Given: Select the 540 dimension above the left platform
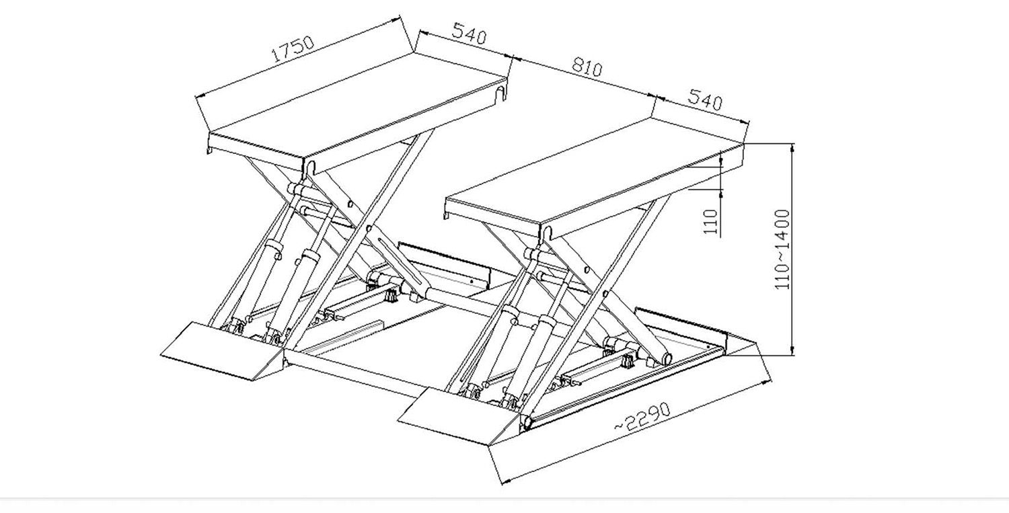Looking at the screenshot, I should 469,34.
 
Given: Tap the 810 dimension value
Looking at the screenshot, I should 587,67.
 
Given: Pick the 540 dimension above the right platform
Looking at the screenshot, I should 705,100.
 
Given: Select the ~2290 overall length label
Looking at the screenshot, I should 643,418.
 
